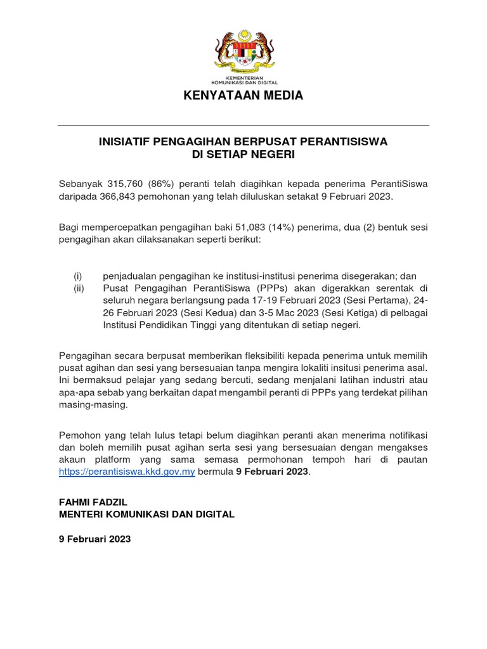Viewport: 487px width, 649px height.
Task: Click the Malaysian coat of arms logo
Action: tap(243, 53)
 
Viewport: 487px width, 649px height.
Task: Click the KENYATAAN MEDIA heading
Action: tap(243, 96)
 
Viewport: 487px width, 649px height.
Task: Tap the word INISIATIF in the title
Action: tap(124, 141)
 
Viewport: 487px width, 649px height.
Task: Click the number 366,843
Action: tap(120, 196)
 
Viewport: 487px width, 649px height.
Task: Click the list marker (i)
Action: tap(78, 276)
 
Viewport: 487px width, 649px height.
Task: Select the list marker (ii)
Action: tap(79, 288)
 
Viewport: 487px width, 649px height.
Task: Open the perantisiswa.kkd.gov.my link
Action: tap(127, 472)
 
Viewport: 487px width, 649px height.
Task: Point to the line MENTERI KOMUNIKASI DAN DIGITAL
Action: tap(146, 514)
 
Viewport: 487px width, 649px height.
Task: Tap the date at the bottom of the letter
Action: tap(94, 539)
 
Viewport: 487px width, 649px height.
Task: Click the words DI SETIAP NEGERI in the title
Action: tap(243, 154)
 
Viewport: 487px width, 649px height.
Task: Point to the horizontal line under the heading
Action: tap(243, 125)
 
